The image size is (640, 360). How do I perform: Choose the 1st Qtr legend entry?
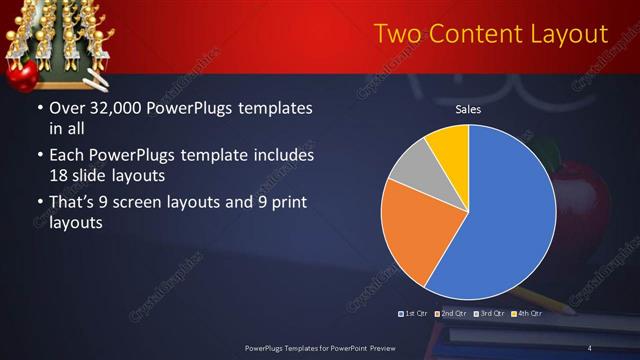414,314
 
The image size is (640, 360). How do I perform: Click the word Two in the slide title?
397,34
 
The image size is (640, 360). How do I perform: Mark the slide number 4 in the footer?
590,347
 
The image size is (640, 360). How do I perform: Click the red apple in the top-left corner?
22,73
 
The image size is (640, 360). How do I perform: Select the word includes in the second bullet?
282,156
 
